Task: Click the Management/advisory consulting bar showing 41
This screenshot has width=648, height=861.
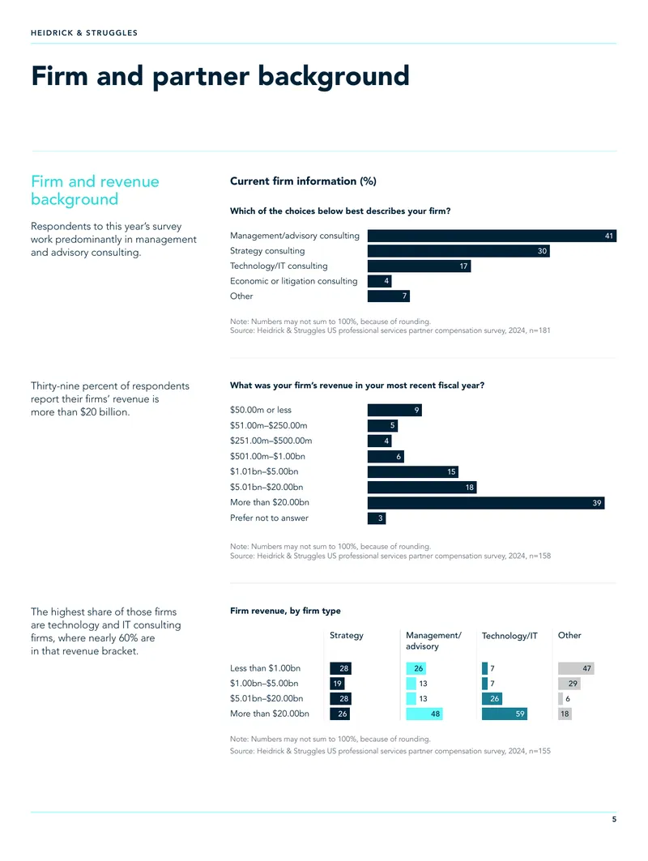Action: point(492,236)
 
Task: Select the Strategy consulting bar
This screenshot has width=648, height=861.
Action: point(458,251)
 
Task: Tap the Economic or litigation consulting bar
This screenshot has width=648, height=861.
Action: point(379,281)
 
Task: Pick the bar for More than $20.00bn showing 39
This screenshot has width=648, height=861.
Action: point(486,502)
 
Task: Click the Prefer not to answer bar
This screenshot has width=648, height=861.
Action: point(377,518)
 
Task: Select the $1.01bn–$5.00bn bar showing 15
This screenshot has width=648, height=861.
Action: point(413,471)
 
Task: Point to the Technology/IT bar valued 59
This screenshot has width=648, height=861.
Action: point(505,714)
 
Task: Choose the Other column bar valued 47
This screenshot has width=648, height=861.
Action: point(576,668)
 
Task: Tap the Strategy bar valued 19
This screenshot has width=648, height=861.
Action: point(337,684)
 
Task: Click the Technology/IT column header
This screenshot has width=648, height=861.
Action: point(509,636)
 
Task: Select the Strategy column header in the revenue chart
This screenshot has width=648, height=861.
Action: point(347,635)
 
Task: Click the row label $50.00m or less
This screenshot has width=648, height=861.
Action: point(261,410)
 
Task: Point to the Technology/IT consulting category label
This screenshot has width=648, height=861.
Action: point(279,266)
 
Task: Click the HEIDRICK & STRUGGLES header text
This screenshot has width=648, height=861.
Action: point(84,33)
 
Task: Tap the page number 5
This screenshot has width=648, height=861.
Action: point(614,819)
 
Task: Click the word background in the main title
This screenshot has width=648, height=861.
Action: point(334,76)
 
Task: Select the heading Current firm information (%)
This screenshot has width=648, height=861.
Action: point(303,181)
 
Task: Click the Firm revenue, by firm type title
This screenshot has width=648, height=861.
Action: point(286,611)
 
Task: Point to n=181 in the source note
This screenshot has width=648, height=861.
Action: point(539,330)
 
